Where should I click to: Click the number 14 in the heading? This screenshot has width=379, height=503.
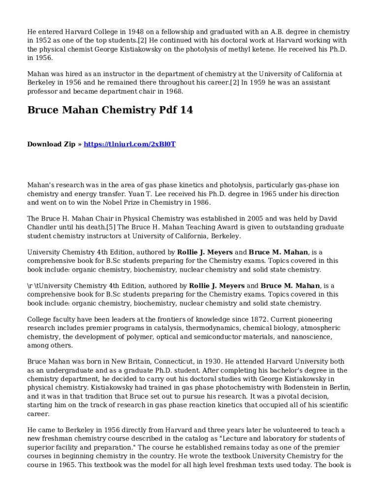point(186,110)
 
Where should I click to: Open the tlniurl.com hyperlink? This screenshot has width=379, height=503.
point(129,144)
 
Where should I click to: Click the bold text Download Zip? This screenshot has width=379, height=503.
point(51,144)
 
